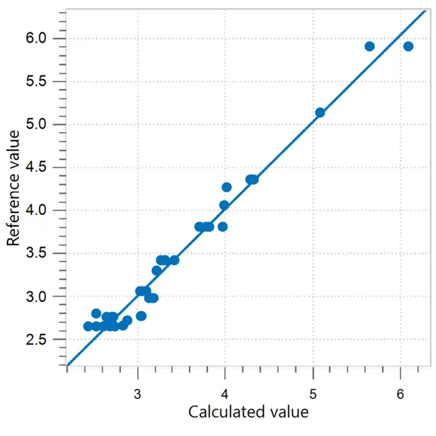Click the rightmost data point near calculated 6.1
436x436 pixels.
point(408,47)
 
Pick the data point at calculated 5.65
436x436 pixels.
point(369,47)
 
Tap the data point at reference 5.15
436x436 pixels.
point(320,112)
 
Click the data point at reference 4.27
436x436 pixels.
point(227,187)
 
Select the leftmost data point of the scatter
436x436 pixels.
point(88,326)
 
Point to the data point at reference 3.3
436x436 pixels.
point(156,270)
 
